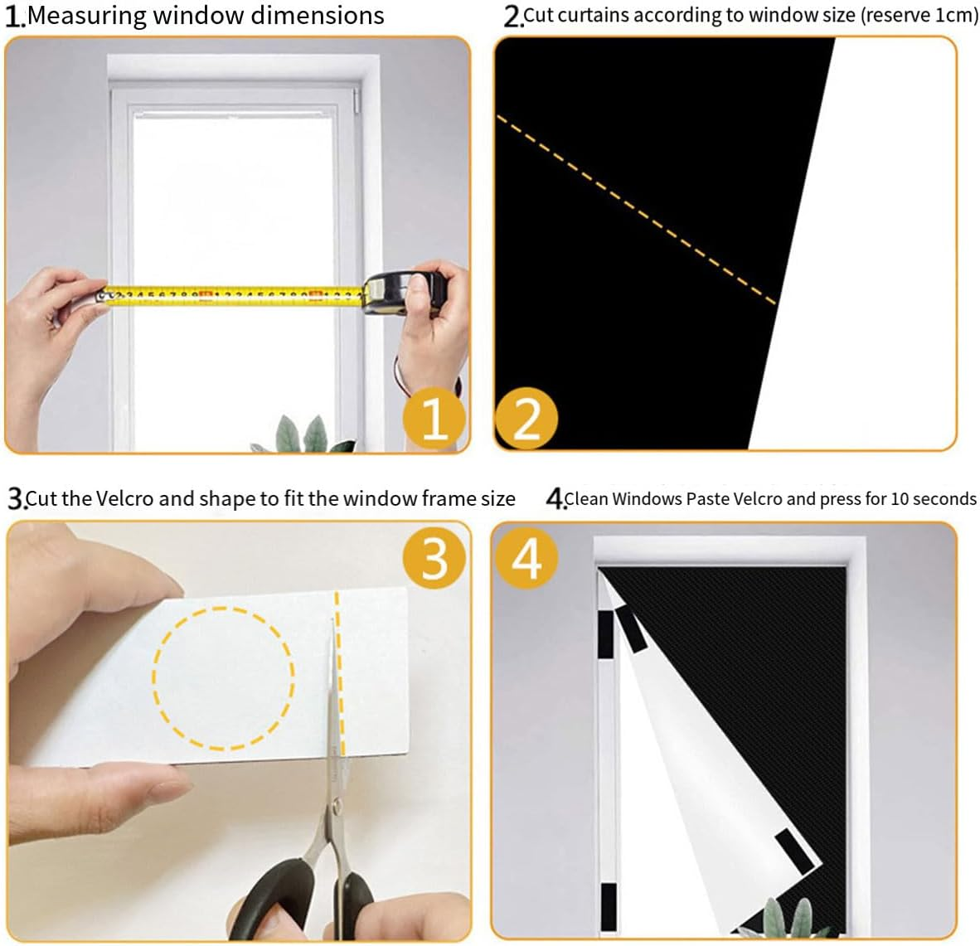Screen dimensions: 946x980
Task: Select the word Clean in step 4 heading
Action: [586, 499]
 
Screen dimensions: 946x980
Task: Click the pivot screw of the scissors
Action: [335, 803]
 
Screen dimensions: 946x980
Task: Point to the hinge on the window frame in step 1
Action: [358, 101]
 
